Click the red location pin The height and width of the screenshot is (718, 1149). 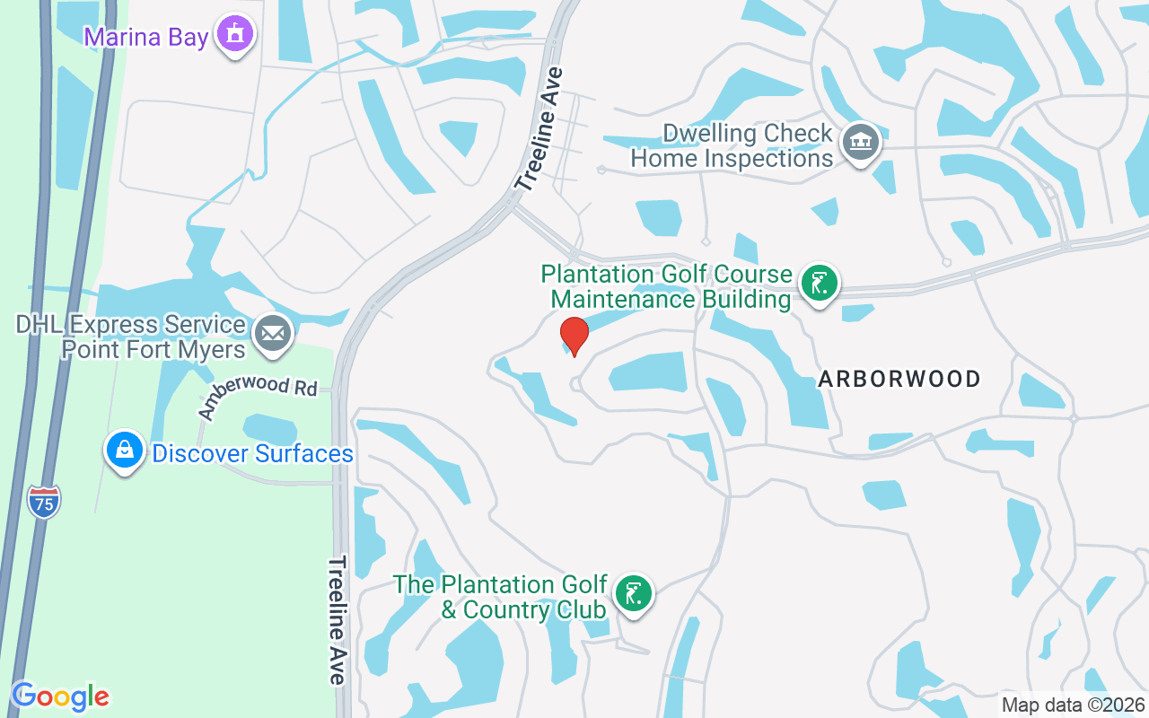pyautogui.click(x=574, y=336)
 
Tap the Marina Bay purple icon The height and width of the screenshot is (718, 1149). pyautogui.click(x=236, y=34)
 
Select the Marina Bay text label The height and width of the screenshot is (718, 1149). pyautogui.click(x=146, y=37)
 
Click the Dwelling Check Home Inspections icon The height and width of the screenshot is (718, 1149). pyautogui.click(x=861, y=142)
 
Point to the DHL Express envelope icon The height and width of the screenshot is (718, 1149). pyautogui.click(x=273, y=334)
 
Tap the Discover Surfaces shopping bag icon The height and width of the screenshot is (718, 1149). pyautogui.click(x=125, y=451)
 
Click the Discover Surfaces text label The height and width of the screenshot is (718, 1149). pyautogui.click(x=252, y=453)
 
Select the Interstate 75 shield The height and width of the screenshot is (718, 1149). pyautogui.click(x=44, y=501)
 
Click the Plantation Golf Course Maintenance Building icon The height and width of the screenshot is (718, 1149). pyautogui.click(x=819, y=284)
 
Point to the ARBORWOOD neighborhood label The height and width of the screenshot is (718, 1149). pyautogui.click(x=899, y=379)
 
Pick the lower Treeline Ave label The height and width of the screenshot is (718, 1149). pyautogui.click(x=337, y=619)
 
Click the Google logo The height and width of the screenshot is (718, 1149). pyautogui.click(x=60, y=696)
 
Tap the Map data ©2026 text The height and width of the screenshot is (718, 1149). pyautogui.click(x=1074, y=705)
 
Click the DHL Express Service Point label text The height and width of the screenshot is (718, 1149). pyautogui.click(x=131, y=337)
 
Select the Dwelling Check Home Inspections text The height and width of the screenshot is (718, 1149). pyautogui.click(x=732, y=146)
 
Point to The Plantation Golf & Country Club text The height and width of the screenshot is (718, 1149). pyautogui.click(x=501, y=597)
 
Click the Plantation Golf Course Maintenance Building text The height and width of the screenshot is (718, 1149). pyautogui.click(x=666, y=286)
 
